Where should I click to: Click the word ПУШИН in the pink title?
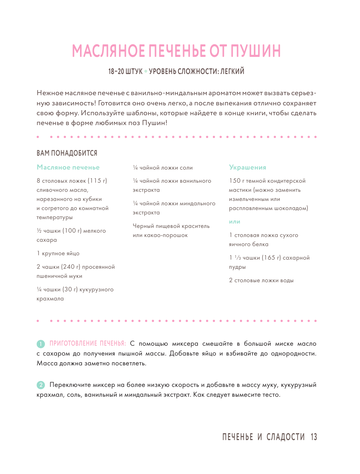point(256,51)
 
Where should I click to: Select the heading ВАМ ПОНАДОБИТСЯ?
point(67,153)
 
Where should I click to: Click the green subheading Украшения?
point(248,167)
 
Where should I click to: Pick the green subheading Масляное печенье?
point(68,167)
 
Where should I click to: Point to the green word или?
point(235,222)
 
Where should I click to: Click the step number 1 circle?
point(40,344)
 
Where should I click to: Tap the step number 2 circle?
point(40,385)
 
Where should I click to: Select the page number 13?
point(314,437)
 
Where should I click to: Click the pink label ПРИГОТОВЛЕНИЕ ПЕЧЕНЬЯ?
point(88,343)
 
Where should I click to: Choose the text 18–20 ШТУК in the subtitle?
point(125,71)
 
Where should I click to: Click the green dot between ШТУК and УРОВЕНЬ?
point(146,71)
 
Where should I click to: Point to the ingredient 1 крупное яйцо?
point(58,253)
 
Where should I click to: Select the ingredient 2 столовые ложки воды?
point(261,280)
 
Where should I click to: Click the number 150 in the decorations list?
point(235,181)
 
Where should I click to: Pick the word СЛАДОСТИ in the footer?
point(285,437)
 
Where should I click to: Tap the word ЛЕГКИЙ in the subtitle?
point(232,71)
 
